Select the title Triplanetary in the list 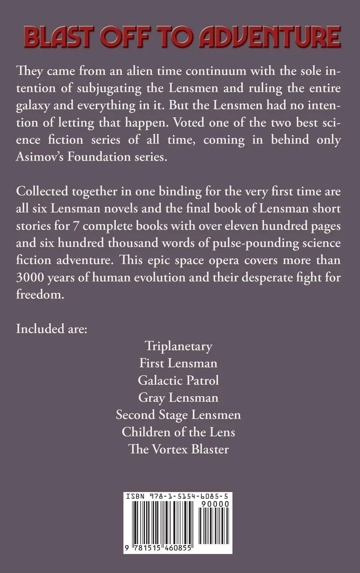click(179, 346)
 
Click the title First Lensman click(179, 363)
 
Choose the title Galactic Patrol click(179, 380)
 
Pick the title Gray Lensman click(179, 397)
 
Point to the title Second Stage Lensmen click(179, 415)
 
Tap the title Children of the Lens click(179, 432)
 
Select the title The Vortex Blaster click(179, 449)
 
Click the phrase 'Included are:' click(51, 329)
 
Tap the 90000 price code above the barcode click(216, 504)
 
